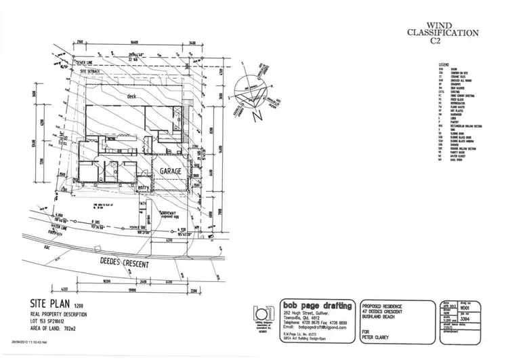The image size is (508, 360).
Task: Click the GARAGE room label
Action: tap(171, 172)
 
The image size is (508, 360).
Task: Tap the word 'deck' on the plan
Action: tap(133, 97)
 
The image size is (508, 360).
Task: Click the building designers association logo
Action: tap(260, 314)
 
